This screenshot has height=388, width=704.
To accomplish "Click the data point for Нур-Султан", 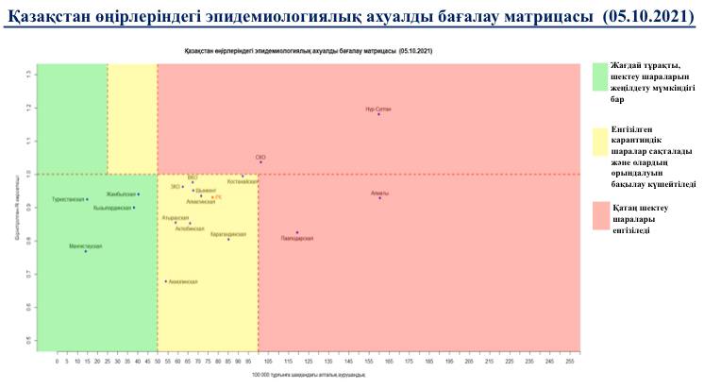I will tap(378, 114).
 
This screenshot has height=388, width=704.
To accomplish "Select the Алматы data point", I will tap(379, 198).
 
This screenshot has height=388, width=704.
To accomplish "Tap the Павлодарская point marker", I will tap(297, 232).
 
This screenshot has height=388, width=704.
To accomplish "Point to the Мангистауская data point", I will tap(85, 251).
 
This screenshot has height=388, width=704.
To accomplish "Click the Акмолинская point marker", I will tap(166, 280).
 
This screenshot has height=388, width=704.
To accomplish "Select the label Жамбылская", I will tap(121, 194).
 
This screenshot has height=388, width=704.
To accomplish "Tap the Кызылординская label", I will tap(111, 208).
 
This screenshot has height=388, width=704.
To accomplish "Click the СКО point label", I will tap(261, 157).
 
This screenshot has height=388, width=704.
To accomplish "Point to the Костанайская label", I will tap(242, 180).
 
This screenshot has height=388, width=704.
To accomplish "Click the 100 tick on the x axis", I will tap(258, 361).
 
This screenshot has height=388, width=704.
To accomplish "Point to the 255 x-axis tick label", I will tap(569, 361).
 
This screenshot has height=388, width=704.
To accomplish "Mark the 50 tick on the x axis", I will tap(158, 361).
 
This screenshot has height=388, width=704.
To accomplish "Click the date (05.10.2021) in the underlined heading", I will tap(642, 18).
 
